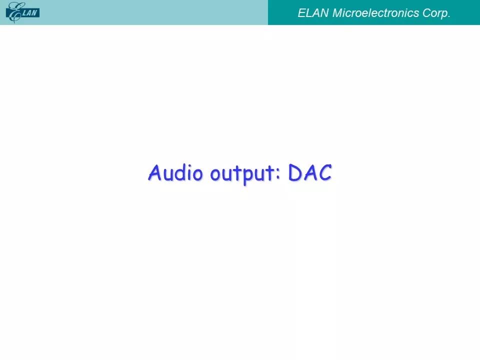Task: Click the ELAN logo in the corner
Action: coord(22,12)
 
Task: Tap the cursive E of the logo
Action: coord(14,12)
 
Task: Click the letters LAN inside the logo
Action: coord(29,13)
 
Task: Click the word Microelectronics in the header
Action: coord(375,13)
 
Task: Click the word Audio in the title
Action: coord(175,172)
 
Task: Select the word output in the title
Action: coord(242,174)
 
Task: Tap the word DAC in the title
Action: coord(310,172)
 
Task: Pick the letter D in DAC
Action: coord(294,172)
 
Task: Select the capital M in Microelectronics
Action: coord(338,13)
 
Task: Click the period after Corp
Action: coord(449,17)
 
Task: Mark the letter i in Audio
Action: coord(188,173)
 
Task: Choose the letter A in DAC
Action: coord(309,172)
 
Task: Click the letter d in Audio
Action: coord(179,172)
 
